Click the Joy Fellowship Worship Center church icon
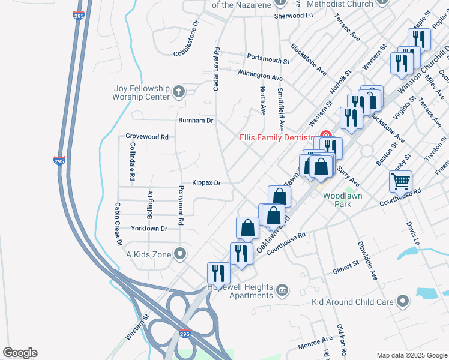[x=178, y=92]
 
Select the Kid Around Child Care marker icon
[x=403, y=299]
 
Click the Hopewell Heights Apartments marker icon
[x=282, y=292]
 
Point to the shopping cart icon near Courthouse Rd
[x=400, y=180]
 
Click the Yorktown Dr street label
[x=146, y=229]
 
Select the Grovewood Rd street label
[x=147, y=136]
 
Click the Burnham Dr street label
[x=196, y=120]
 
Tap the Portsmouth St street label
[x=268, y=58]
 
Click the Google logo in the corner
[x=20, y=353]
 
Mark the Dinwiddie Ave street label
[x=367, y=260]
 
